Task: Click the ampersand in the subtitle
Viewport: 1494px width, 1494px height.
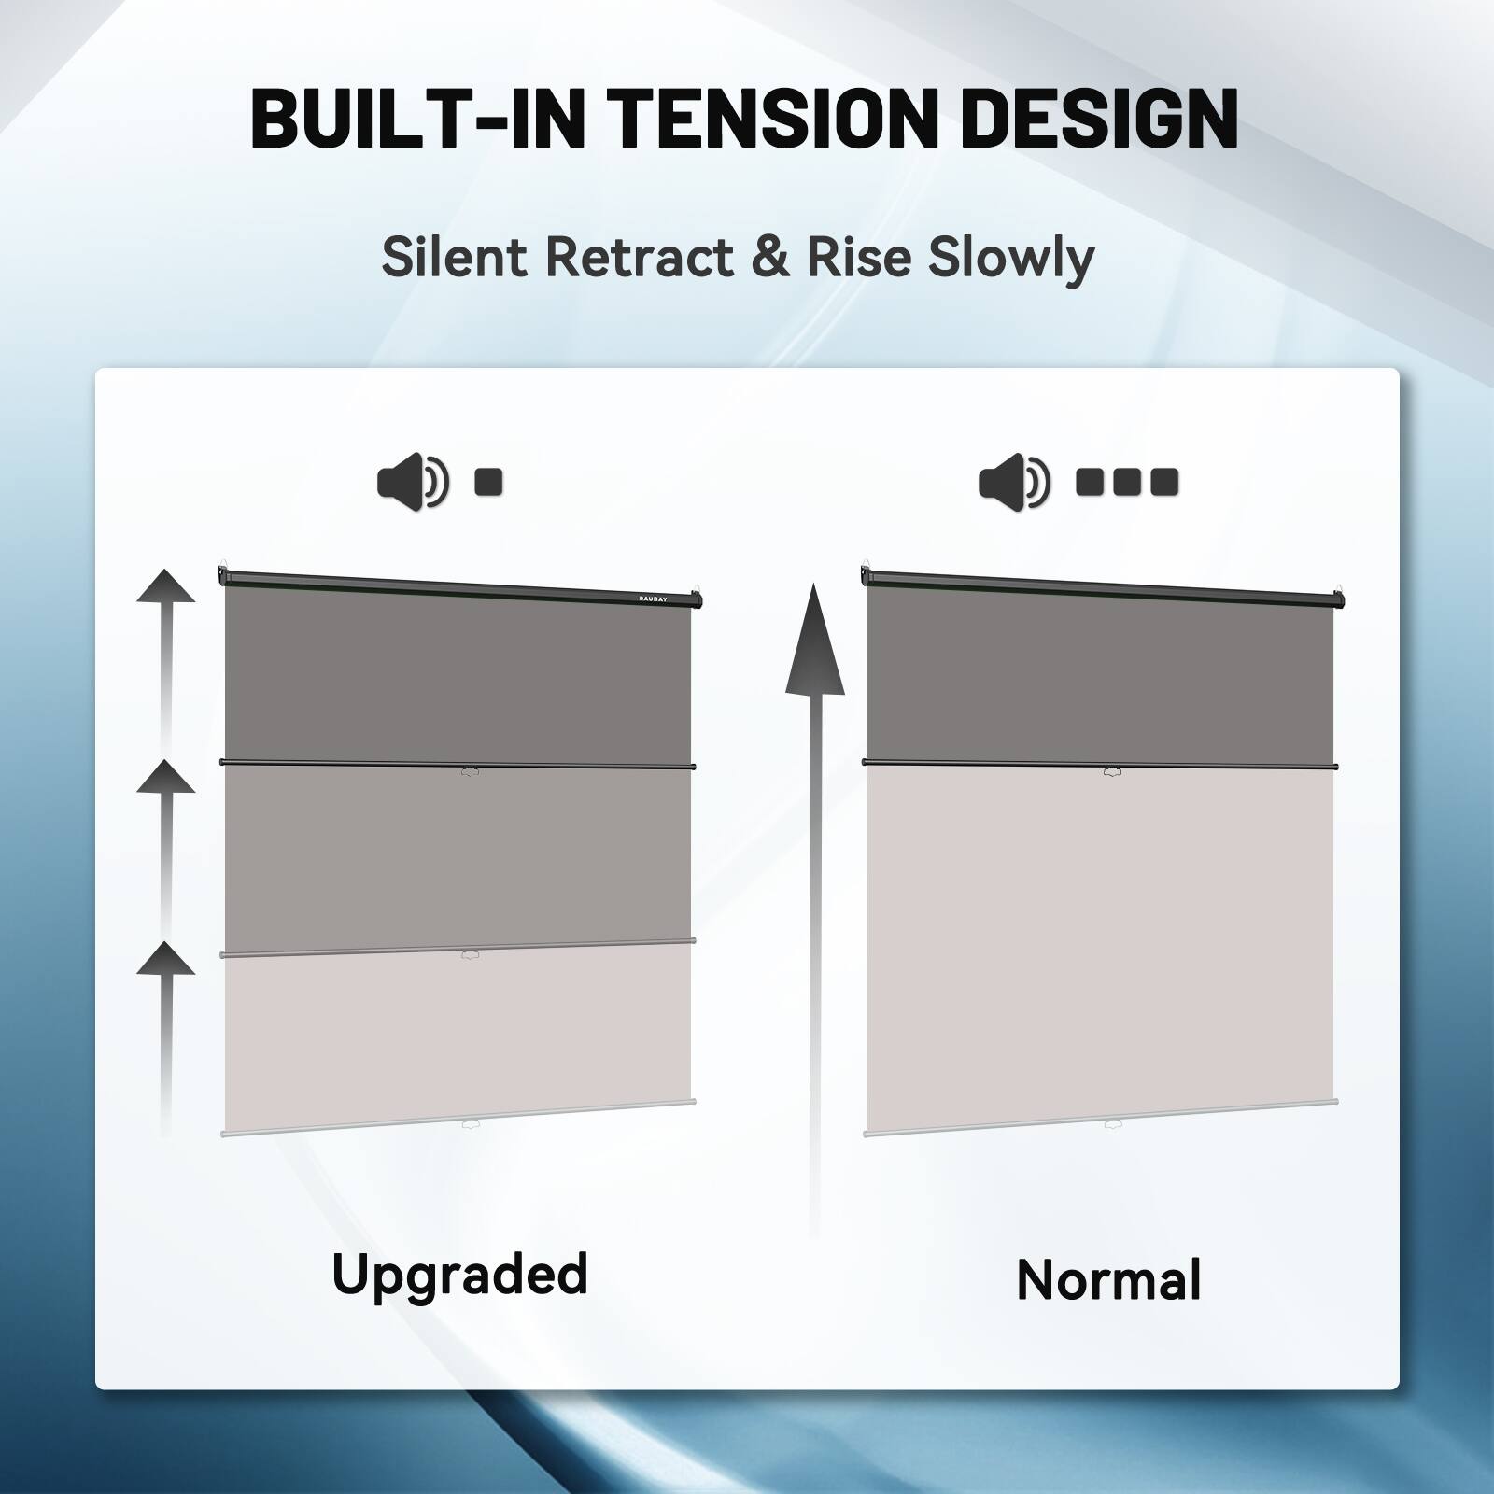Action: [x=769, y=257]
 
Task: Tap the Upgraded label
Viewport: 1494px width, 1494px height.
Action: [x=460, y=1275]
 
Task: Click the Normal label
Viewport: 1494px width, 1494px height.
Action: [x=1108, y=1280]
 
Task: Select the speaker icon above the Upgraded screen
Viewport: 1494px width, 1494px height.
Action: [x=412, y=484]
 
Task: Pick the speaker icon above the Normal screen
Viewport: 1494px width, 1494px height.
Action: [x=1013, y=484]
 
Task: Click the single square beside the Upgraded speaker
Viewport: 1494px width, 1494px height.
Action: [x=489, y=483]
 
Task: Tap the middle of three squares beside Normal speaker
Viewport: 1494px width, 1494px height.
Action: [x=1127, y=483]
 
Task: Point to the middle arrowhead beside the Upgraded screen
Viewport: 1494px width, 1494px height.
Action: [x=166, y=777]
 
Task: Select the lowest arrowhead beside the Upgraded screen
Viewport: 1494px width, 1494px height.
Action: [x=166, y=959]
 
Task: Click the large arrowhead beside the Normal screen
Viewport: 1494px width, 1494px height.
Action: [x=814, y=644]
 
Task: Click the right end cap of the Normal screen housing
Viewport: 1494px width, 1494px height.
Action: [x=1339, y=599]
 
